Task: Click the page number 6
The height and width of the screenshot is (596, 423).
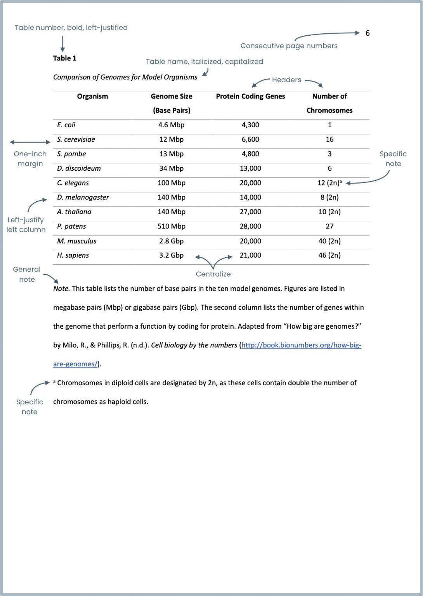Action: (x=368, y=33)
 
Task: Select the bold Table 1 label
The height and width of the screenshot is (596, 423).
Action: (x=65, y=58)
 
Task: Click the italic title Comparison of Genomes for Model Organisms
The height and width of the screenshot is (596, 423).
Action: (x=125, y=77)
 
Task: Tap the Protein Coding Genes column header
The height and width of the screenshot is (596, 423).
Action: (x=250, y=96)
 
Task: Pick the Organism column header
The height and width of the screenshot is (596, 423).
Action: (x=92, y=96)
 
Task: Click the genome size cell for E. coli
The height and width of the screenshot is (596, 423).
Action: (x=171, y=125)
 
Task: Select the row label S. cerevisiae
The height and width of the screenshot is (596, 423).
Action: (x=76, y=139)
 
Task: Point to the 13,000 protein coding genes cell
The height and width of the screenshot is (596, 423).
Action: (x=250, y=168)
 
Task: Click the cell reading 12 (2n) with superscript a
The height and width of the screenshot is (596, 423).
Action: (x=329, y=183)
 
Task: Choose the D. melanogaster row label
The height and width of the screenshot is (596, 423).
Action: (x=83, y=197)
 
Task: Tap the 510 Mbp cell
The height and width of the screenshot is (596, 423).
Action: (x=171, y=226)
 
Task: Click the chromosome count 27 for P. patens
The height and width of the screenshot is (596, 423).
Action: (x=329, y=226)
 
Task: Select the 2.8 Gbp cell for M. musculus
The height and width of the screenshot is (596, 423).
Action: (x=171, y=241)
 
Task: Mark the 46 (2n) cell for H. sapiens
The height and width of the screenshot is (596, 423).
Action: (x=329, y=255)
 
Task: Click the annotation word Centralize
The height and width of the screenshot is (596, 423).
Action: (x=213, y=274)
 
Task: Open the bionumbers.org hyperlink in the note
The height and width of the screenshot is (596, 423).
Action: (x=301, y=345)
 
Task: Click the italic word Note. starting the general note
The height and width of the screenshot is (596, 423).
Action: (x=61, y=289)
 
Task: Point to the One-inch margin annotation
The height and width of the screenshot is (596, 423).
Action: (x=30, y=159)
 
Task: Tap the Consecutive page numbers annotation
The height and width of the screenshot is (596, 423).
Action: (x=289, y=46)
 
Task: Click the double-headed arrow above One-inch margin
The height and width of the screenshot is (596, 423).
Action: (x=30, y=142)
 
